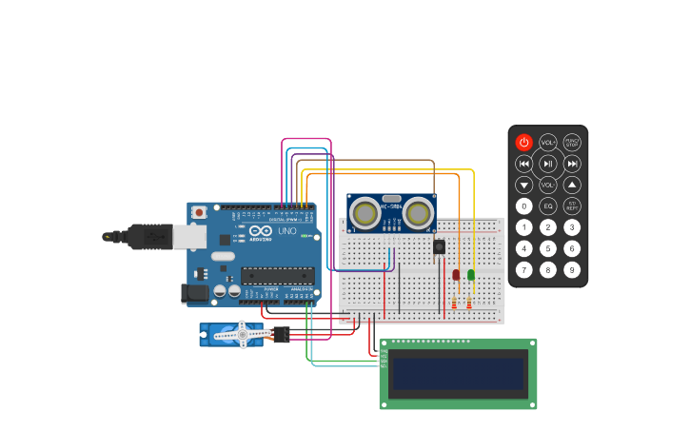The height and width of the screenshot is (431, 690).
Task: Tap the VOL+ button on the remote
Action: point(548,143)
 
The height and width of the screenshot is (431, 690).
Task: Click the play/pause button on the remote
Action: point(548,164)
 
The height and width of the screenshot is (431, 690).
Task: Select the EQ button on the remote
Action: point(548,206)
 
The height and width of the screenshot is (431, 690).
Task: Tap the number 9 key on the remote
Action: point(572,269)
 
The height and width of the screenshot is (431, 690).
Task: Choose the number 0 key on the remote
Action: point(524,206)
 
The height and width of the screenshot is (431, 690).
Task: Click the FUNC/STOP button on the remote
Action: point(572,143)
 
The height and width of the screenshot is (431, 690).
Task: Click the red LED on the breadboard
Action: point(456,274)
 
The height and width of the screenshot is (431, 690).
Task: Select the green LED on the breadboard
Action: point(470,274)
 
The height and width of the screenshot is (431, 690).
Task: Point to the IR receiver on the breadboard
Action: point(439,246)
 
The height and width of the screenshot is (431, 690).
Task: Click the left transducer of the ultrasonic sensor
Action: point(365,213)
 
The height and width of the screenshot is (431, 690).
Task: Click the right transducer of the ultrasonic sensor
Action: point(418,213)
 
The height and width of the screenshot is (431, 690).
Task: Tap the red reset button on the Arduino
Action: point(199,212)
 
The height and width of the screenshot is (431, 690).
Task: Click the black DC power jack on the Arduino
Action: point(196,294)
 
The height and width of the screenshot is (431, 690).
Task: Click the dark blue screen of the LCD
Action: point(458,374)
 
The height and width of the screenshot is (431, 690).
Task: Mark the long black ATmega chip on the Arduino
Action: point(277,276)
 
